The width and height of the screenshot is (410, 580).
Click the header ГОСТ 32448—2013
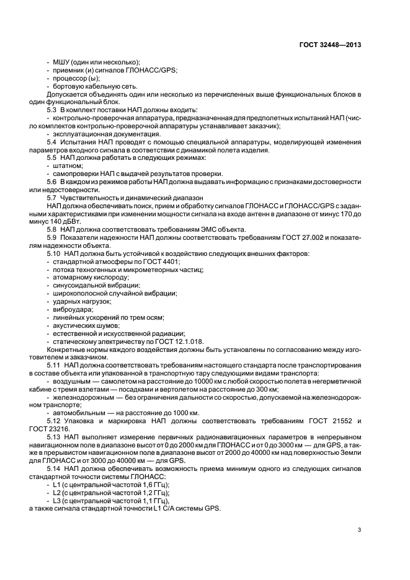pos(330,45)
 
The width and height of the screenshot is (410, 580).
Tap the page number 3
pos(360,530)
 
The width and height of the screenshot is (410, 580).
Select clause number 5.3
pos(53,109)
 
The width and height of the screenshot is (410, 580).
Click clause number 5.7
pos(53,198)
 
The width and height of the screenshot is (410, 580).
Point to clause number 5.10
pos(54,254)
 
